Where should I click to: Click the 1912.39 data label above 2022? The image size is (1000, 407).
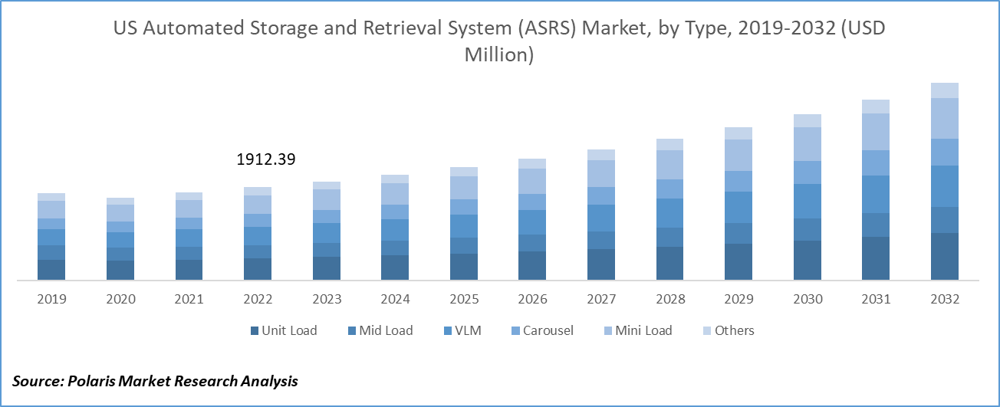[265, 160]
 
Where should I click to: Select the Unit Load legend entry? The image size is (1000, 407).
[284, 331]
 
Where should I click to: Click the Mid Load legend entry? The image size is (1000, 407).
[380, 331]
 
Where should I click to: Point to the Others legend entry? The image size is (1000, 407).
[728, 331]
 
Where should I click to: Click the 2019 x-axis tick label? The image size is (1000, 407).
[51, 300]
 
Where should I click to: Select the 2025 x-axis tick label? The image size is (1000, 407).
[464, 300]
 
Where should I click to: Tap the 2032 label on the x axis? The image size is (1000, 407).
[945, 300]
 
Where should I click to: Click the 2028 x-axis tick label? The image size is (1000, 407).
[669, 300]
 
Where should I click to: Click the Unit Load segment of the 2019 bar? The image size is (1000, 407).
[51, 270]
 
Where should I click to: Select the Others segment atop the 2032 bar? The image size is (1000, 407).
[945, 90]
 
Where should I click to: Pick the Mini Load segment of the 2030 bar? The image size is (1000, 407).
[808, 144]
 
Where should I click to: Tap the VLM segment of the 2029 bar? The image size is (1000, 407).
[738, 207]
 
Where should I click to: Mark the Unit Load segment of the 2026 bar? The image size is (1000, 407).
[532, 265]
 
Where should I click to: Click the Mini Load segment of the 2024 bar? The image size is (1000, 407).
[395, 194]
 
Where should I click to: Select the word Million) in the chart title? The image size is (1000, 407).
[499, 55]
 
